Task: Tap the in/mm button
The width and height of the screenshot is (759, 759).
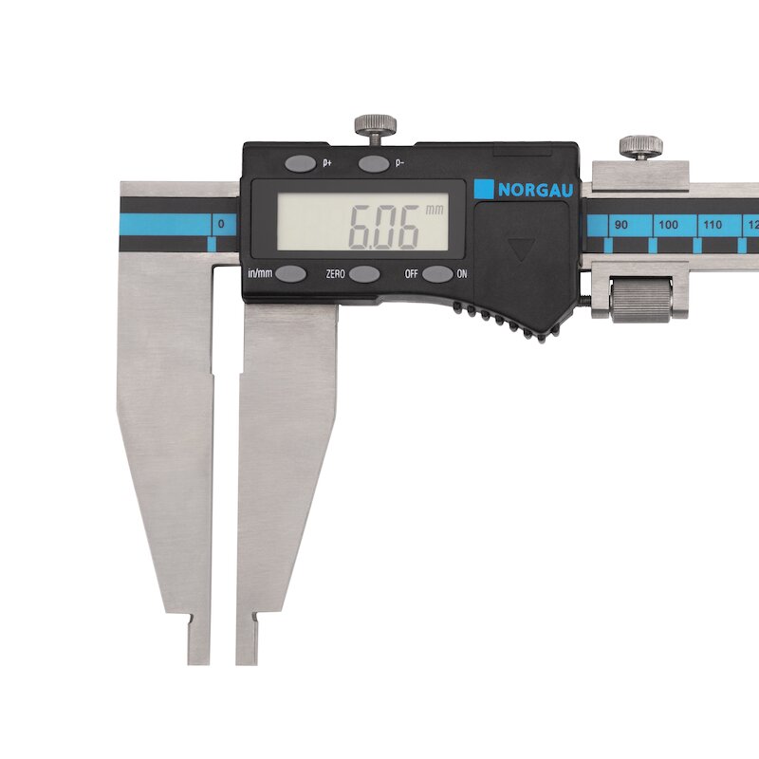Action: pyautogui.click(x=291, y=273)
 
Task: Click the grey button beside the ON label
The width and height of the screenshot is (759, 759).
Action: pyautogui.click(x=437, y=274)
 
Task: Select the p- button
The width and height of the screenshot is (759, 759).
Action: pyautogui.click(x=373, y=163)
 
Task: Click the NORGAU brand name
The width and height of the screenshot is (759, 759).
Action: pyautogui.click(x=536, y=190)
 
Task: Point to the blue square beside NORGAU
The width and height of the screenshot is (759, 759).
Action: pyautogui.click(x=484, y=189)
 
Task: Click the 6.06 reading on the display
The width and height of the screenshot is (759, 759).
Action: pyautogui.click(x=384, y=227)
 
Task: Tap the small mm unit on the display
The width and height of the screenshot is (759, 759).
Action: pyautogui.click(x=435, y=210)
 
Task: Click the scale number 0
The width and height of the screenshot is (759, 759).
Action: pyautogui.click(x=221, y=224)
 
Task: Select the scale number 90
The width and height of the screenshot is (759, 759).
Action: pyautogui.click(x=621, y=225)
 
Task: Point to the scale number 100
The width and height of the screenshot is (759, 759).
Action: pyautogui.click(x=668, y=225)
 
